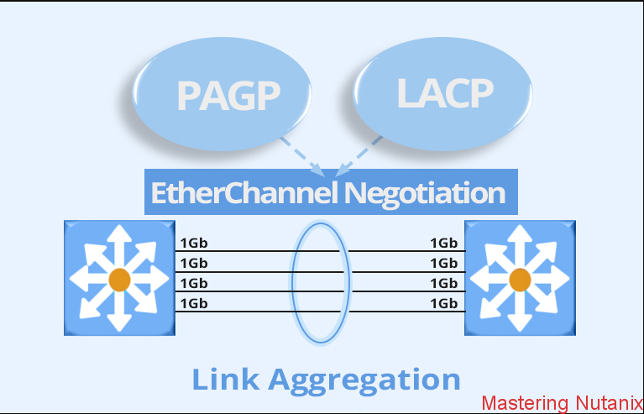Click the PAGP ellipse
point(227,95)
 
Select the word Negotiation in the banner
point(426,193)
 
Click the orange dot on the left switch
point(119,280)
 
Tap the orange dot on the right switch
point(520,280)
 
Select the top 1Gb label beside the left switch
point(193,244)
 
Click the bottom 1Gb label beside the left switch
point(193,303)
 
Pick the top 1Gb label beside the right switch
point(443,244)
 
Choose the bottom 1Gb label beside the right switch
point(443,303)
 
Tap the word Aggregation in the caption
point(366,379)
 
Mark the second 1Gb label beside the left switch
point(193,263)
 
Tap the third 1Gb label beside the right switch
point(443,283)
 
